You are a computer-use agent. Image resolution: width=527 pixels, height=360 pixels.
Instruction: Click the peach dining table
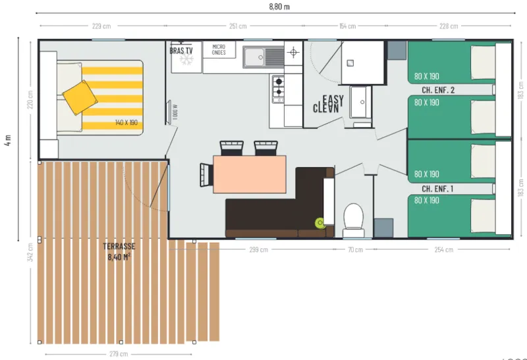tap(250, 174)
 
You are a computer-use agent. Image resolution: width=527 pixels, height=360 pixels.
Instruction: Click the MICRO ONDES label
tap(219, 49)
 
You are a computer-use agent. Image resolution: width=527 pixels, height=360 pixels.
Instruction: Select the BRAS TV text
tap(181, 50)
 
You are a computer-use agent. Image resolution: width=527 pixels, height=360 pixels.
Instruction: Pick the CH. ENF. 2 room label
tap(438, 90)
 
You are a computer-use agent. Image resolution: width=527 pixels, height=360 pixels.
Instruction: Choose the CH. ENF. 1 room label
tap(438, 188)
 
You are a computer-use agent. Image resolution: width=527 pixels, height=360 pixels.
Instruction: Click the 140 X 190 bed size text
tap(126, 123)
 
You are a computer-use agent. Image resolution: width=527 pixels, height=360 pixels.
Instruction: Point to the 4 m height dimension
tap(8, 141)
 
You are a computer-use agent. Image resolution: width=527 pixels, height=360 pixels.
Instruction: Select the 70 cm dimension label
tap(355, 249)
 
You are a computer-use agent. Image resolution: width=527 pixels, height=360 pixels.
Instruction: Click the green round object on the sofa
tap(320, 222)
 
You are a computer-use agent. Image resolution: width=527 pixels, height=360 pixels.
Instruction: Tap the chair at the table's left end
tap(205, 174)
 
